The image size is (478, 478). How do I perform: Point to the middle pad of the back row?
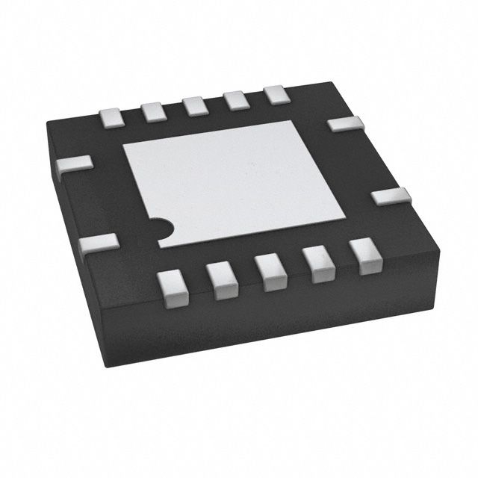point(196,105)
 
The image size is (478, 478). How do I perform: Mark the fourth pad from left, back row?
point(237,100)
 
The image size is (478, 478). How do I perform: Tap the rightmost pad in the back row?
point(276,95)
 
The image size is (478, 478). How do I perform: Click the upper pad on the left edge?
point(75,164)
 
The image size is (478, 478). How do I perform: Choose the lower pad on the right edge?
point(391,197)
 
